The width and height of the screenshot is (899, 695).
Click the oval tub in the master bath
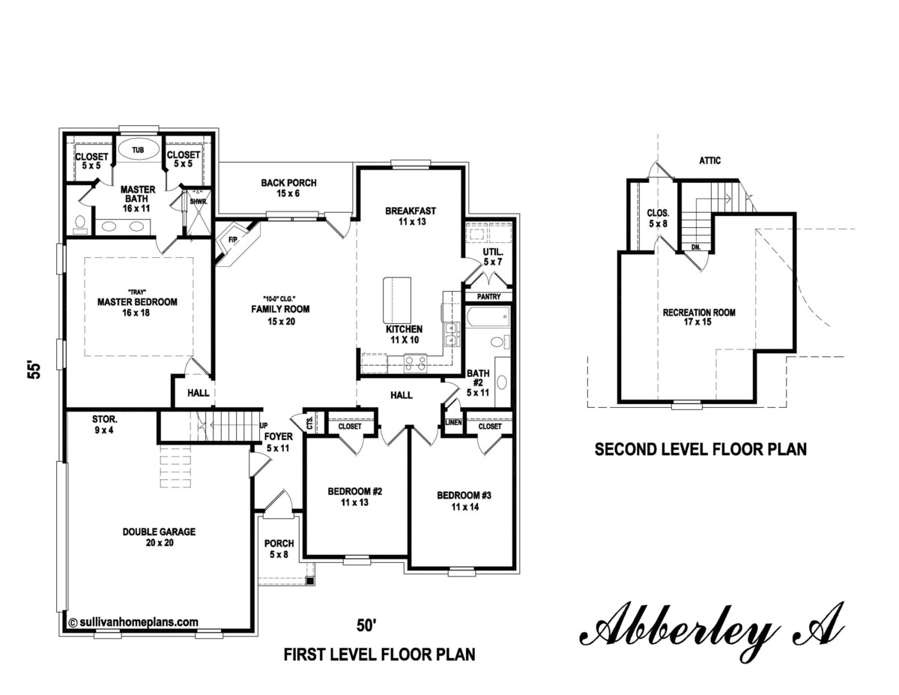[x=138, y=151]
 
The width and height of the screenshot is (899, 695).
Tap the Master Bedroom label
[x=137, y=302]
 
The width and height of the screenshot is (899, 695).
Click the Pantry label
[x=488, y=297]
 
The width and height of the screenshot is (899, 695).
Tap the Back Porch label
[x=288, y=187]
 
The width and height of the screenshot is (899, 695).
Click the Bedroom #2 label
[x=355, y=497]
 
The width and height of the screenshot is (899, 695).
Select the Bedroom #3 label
[x=464, y=501]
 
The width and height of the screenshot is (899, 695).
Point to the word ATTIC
[x=710, y=160]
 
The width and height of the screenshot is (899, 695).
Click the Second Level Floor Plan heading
[x=700, y=450]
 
